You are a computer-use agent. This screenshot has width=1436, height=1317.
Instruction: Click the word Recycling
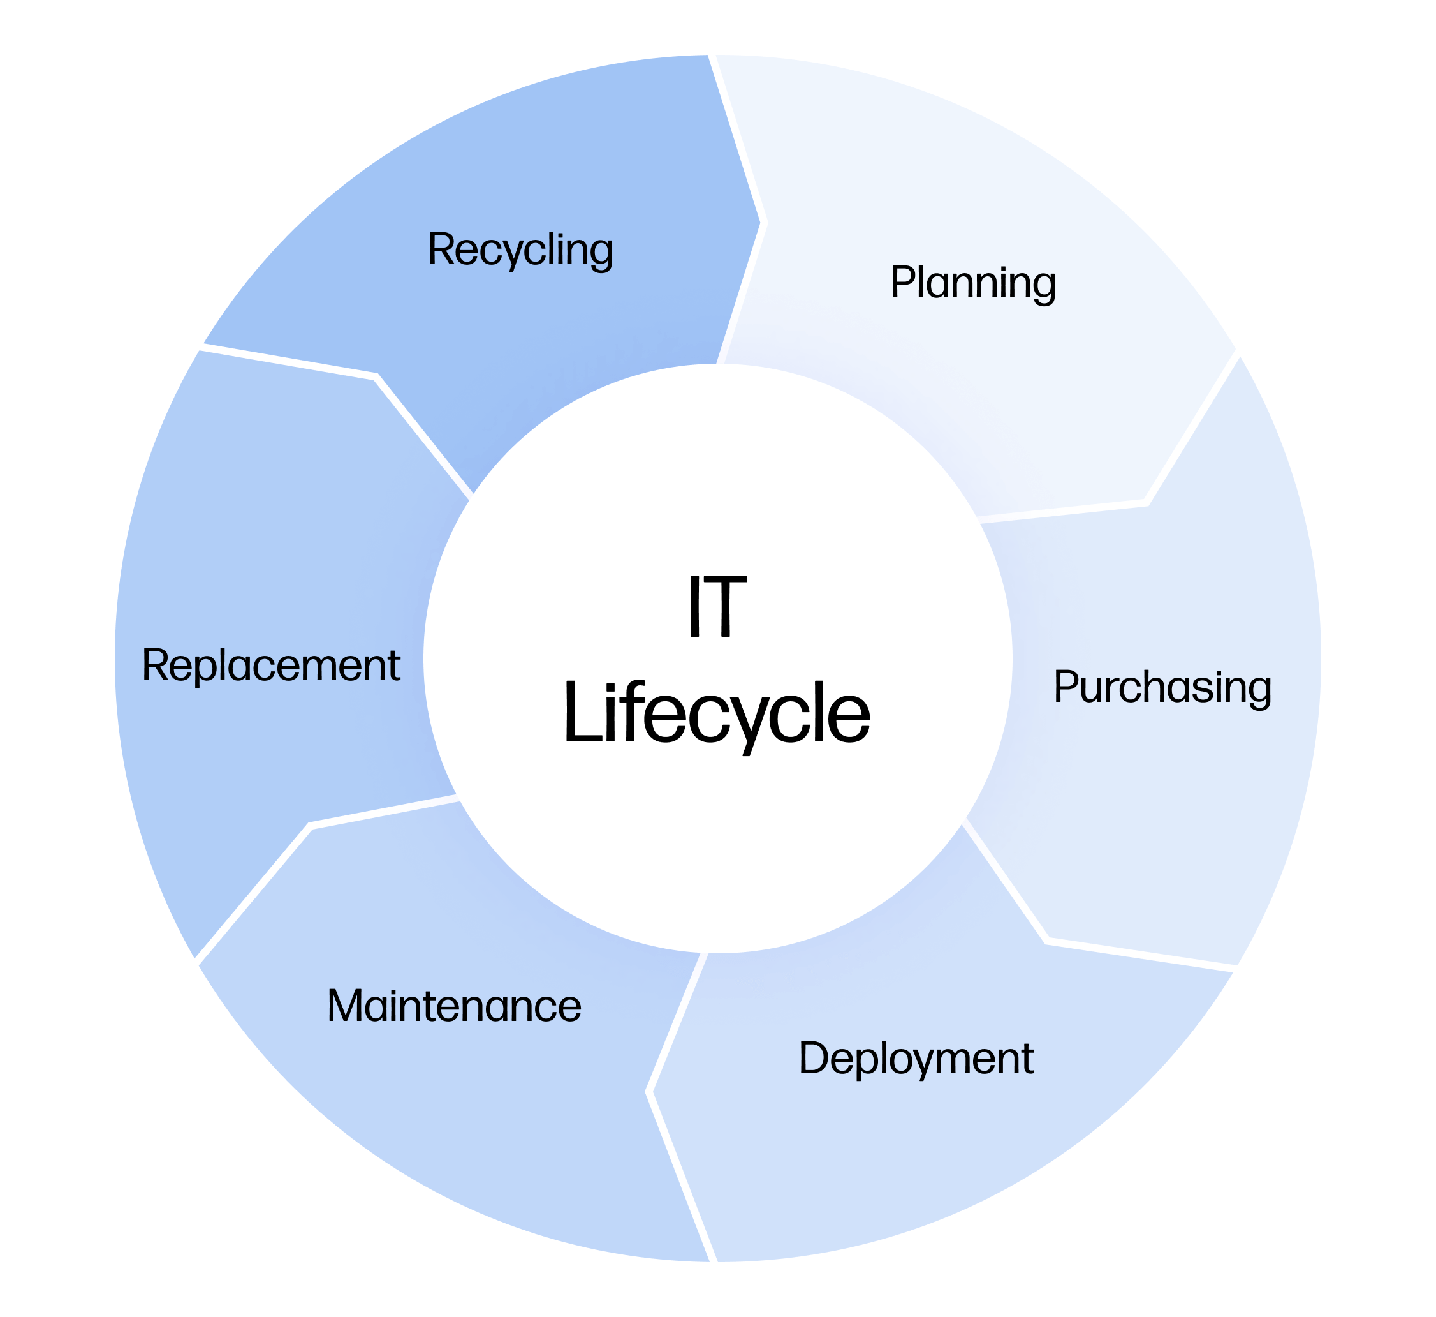(520, 249)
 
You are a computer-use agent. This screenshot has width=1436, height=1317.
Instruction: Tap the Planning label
(973, 283)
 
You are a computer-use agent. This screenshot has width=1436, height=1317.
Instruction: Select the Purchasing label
(1162, 687)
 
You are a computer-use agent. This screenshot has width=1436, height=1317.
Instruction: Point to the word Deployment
(916, 1059)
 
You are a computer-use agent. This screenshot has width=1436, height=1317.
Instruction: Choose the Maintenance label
(455, 1006)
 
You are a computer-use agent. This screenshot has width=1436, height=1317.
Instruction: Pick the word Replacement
(270, 666)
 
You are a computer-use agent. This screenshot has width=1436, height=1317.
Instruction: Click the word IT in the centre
(717, 606)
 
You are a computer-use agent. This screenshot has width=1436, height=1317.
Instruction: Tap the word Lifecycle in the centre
(717, 713)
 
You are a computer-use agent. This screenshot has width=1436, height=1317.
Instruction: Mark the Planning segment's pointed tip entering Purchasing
(1144, 502)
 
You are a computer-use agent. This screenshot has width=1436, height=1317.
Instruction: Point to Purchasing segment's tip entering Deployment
(1047, 941)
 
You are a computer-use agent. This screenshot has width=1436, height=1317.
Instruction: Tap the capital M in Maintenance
(344, 1006)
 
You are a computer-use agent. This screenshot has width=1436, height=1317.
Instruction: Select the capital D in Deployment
(814, 1059)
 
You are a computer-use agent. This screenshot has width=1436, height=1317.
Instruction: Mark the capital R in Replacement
(154, 665)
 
